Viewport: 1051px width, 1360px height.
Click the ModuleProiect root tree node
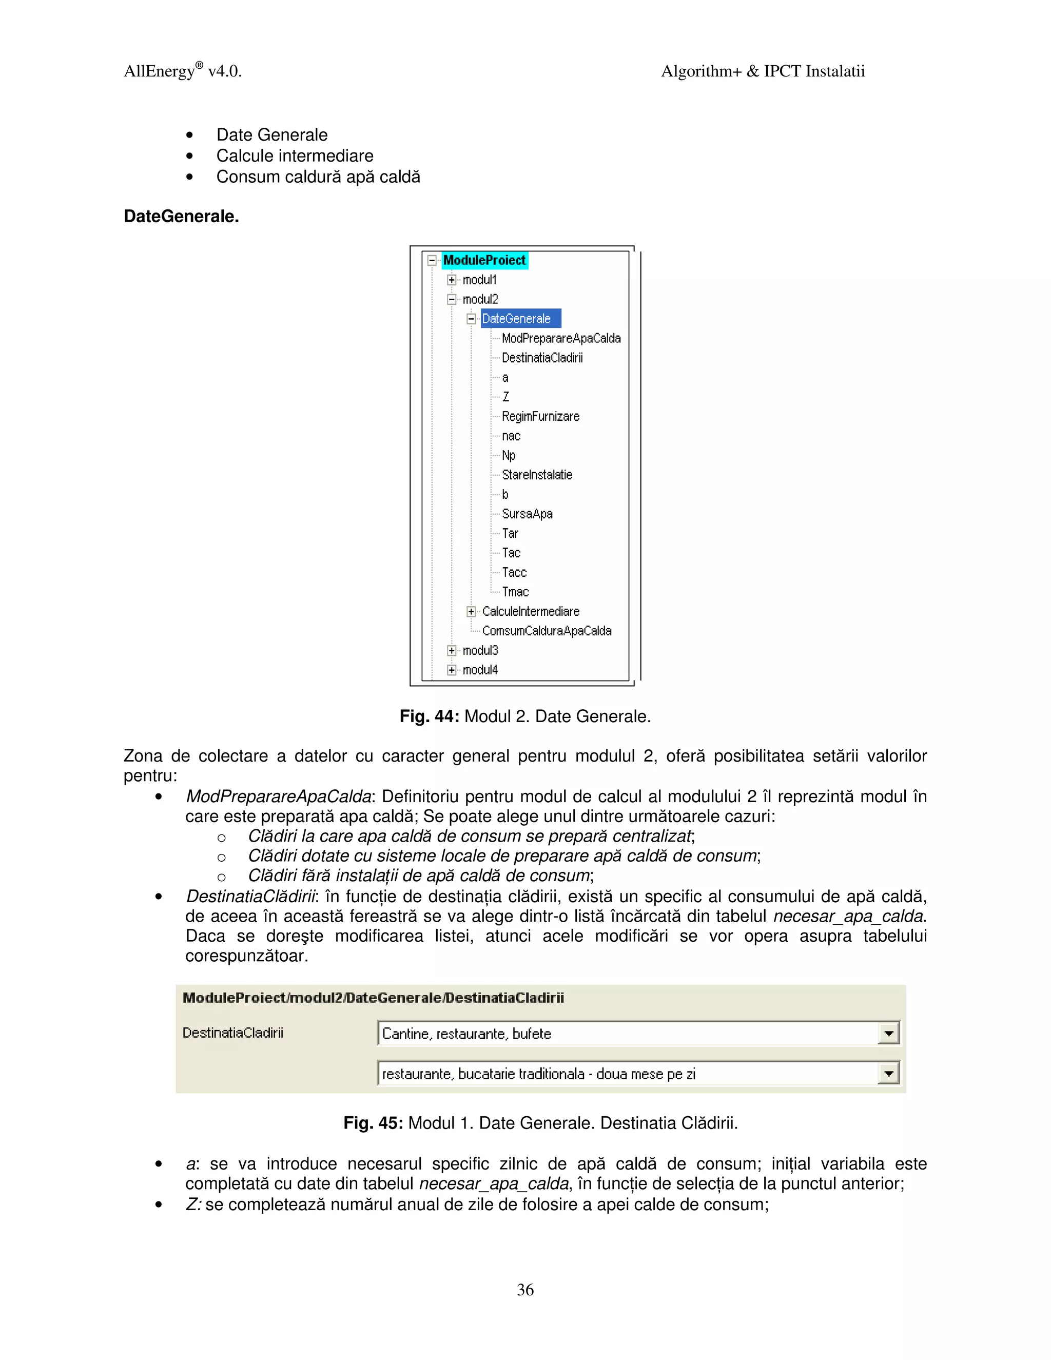coord(484,260)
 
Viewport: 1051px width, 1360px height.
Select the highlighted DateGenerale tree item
coord(517,319)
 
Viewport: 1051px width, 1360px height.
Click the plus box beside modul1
coord(452,280)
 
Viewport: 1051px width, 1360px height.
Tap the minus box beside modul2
coord(452,300)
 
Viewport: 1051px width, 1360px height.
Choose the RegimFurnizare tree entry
coord(540,416)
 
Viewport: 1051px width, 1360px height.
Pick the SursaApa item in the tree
coord(527,514)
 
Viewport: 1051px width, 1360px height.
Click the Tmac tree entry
coord(515,592)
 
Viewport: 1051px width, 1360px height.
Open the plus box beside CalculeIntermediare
coord(471,612)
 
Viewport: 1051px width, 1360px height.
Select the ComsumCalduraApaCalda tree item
coord(546,631)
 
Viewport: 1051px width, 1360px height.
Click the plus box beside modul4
coord(452,670)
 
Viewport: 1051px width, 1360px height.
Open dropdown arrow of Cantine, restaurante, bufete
coord(888,1034)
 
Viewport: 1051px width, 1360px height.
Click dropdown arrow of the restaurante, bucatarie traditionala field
coord(888,1074)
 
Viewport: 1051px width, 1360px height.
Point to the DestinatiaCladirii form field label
coord(233,1033)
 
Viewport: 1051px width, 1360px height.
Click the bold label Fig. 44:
coord(429,717)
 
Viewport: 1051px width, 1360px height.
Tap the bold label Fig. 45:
coord(373,1123)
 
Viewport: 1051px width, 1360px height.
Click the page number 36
coord(525,1290)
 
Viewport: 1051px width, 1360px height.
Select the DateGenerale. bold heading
coord(181,217)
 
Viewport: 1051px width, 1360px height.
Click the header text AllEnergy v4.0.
coord(182,71)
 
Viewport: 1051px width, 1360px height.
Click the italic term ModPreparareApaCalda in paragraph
coord(278,796)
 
